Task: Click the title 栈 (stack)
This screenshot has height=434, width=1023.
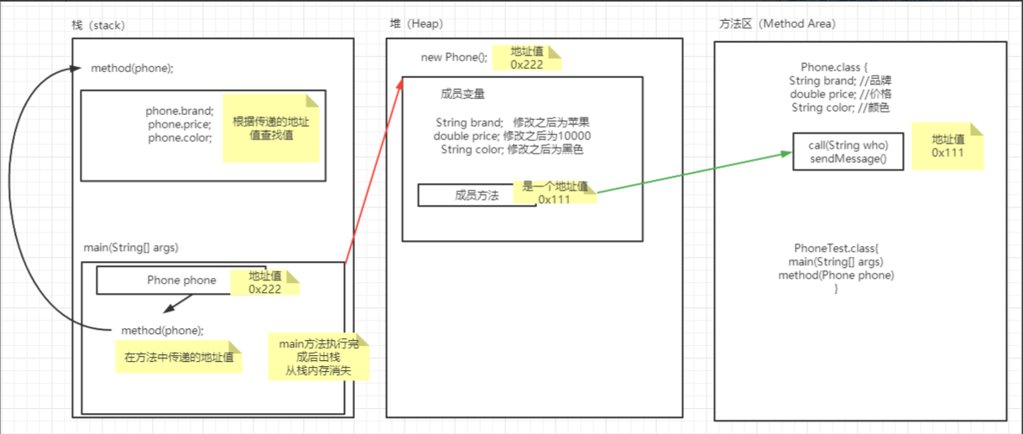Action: [98, 25]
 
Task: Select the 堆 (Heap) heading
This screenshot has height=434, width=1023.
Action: [416, 25]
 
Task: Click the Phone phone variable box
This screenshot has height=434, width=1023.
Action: [164, 280]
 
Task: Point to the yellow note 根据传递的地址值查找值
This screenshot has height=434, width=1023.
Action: [270, 128]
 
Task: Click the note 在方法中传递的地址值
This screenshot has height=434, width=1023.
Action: [178, 358]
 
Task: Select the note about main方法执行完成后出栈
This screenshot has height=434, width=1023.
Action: [319, 358]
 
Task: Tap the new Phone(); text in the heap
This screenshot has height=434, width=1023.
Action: [453, 57]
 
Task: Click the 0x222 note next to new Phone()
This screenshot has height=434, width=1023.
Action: [526, 57]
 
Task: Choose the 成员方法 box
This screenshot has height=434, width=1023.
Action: [476, 195]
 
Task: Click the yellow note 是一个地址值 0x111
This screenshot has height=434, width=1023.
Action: [555, 193]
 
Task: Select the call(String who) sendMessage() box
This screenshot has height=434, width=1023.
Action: [848, 152]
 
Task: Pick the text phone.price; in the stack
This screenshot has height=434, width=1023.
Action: [180, 124]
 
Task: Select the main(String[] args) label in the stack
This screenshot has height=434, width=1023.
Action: [131, 248]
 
